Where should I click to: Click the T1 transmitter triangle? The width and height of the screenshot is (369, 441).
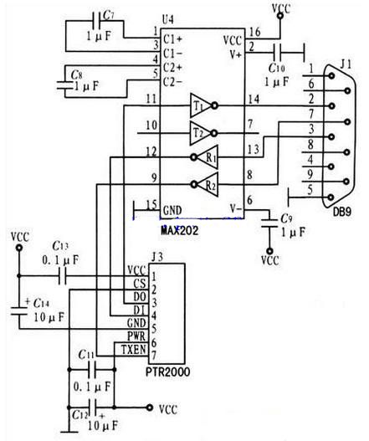[201, 105]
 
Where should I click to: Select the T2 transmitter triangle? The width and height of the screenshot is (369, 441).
[200, 133]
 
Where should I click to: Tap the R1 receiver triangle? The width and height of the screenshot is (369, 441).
[208, 157]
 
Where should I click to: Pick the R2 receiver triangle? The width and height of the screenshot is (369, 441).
[208, 184]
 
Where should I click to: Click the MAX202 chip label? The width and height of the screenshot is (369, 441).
[180, 231]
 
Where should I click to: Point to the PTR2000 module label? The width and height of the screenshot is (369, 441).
[167, 372]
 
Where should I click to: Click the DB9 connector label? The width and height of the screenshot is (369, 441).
[342, 212]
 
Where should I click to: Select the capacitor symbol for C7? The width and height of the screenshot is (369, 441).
[97, 21]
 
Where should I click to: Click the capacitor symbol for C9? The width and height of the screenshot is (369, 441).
[269, 223]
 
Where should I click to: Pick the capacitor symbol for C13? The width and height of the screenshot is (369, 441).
[63, 276]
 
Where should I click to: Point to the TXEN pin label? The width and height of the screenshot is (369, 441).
[134, 350]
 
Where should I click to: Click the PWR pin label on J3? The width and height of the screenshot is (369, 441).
[136, 336]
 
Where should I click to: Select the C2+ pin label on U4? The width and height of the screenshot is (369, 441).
[173, 68]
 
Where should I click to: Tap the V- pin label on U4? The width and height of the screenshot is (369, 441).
[236, 209]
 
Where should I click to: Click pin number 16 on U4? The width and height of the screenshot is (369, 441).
[255, 32]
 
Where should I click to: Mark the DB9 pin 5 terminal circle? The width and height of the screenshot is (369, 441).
[331, 197]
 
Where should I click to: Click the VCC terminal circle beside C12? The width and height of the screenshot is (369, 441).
[150, 408]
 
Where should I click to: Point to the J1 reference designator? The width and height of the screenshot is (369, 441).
[346, 64]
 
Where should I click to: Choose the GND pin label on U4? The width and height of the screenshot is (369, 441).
[172, 210]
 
